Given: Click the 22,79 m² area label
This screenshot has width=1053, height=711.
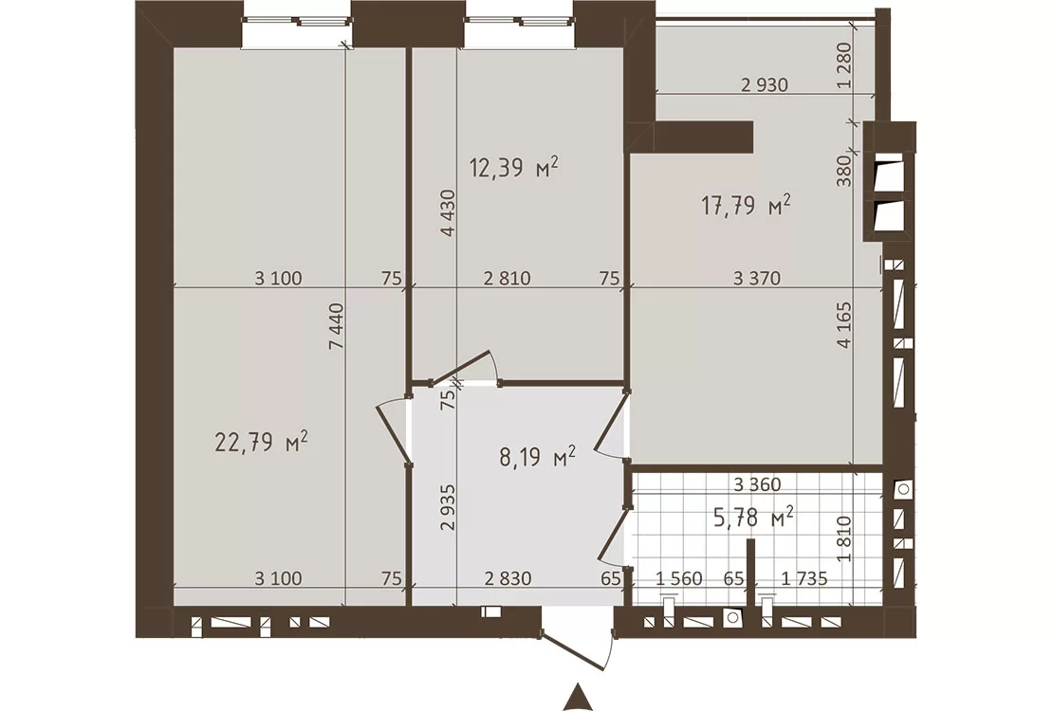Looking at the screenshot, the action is [x=262, y=443].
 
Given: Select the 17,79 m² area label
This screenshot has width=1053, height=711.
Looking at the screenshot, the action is [x=746, y=206].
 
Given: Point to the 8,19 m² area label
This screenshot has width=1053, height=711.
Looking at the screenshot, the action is [x=537, y=459].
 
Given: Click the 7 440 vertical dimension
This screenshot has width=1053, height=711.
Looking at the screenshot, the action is [x=337, y=326].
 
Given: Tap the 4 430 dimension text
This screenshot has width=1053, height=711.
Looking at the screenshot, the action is [x=448, y=213].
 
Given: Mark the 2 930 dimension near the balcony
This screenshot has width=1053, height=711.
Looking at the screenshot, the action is [x=765, y=85].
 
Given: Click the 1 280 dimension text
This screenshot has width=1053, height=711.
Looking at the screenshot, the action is [x=845, y=65].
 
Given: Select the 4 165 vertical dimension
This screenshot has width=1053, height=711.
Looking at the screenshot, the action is [x=844, y=325].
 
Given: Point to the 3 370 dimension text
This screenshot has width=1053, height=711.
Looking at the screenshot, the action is [x=757, y=278].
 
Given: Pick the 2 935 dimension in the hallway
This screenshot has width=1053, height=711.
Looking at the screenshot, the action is [x=448, y=507].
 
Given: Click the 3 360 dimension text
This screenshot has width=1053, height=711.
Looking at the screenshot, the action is [x=757, y=484].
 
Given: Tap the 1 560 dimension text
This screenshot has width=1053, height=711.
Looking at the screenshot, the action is [x=679, y=578].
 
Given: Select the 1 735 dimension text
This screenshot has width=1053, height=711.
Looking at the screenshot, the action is [x=804, y=578].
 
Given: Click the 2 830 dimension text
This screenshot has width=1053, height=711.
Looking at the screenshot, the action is [x=508, y=578].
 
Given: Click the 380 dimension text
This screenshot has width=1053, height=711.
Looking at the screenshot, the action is [x=845, y=171].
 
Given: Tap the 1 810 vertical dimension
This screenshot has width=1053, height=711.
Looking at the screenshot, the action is [x=845, y=538].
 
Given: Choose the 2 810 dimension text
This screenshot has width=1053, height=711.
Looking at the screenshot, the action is [x=507, y=278].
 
